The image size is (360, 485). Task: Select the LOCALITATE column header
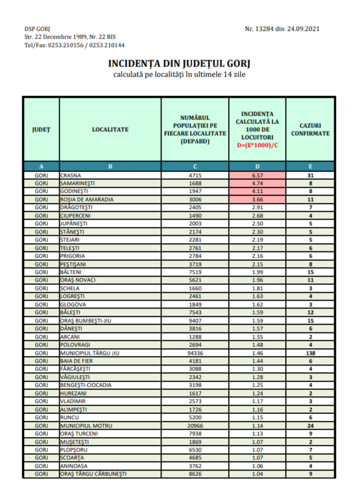point(110,130)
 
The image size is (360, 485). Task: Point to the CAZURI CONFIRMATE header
point(310,130)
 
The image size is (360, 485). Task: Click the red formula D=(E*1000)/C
point(257,144)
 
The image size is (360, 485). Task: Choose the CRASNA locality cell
point(70,175)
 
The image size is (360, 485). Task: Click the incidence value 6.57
point(257,175)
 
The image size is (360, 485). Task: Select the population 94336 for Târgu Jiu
point(195,354)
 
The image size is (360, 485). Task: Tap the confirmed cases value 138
point(310,354)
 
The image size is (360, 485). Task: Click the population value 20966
point(195,426)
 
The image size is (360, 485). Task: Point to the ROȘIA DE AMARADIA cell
point(87,199)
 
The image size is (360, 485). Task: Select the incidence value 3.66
point(257,199)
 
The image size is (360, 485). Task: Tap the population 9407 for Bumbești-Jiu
point(195,321)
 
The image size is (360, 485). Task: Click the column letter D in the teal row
point(257,166)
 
